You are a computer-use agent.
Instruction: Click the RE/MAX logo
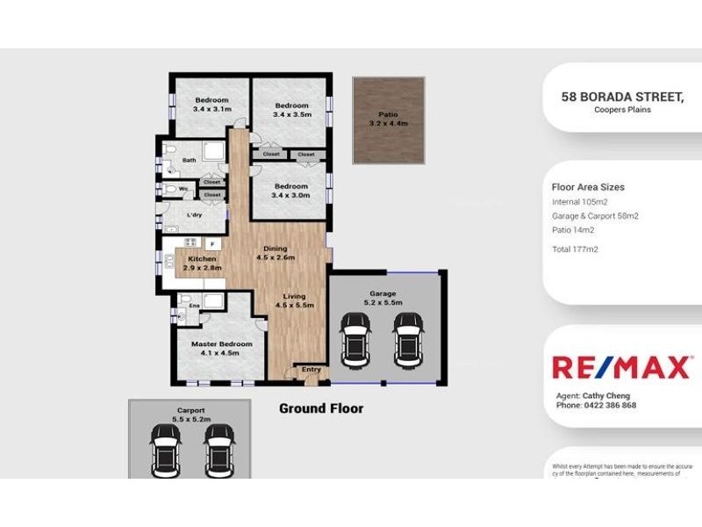620,367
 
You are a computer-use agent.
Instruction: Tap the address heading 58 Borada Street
622,97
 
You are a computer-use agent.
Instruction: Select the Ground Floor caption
320,408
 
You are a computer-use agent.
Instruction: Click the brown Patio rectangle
388,119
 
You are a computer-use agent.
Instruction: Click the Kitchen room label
202,263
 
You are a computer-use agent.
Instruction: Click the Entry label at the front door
312,370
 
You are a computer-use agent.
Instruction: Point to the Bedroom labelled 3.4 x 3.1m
211,105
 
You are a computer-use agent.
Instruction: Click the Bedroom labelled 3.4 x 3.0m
290,191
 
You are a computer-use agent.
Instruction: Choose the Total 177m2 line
575,249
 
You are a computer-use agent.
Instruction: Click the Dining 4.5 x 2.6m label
275,253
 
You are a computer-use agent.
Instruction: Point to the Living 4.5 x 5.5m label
294,301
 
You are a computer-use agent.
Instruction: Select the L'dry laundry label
195,215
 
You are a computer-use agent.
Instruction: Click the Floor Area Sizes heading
588,187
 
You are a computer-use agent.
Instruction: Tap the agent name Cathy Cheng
605,396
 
